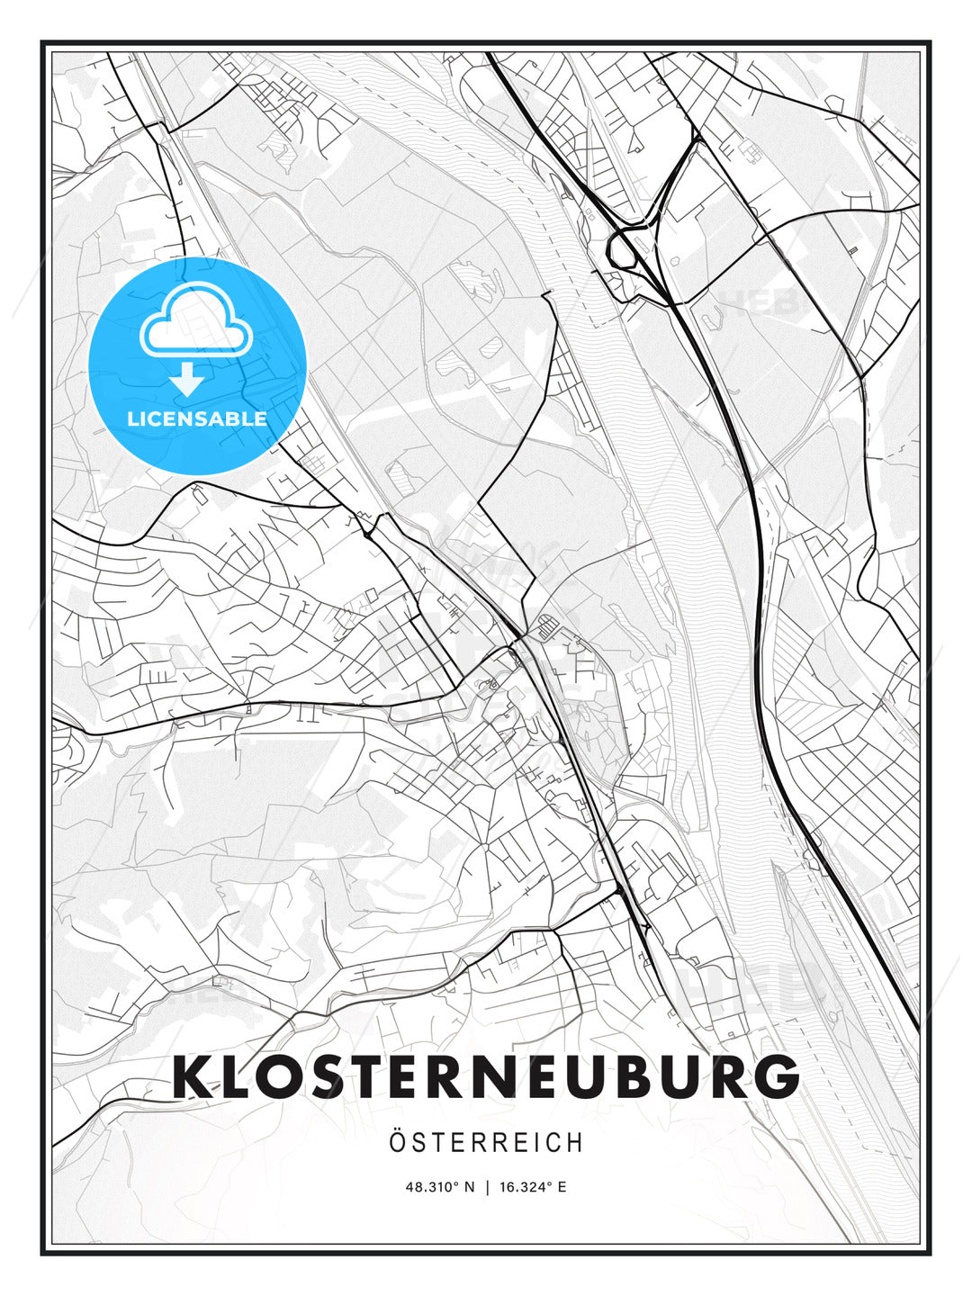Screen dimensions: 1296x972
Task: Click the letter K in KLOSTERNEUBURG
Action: click(193, 1077)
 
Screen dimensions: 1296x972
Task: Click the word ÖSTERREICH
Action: click(486, 1142)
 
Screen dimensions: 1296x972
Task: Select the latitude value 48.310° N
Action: click(439, 1187)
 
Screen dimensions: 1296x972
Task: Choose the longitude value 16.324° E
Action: click(531, 1187)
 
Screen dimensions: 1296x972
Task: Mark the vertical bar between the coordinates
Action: click(486, 1187)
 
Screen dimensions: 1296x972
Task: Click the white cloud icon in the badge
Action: click(197, 321)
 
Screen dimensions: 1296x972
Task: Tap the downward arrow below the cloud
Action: click(187, 380)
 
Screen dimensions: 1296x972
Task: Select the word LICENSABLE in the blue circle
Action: click(197, 419)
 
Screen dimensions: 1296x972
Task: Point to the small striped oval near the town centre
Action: click(546, 623)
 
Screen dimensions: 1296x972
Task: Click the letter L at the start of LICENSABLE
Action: click(132, 419)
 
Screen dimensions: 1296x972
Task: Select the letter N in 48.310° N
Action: click(469, 1187)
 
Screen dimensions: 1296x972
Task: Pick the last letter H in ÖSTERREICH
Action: click(575, 1142)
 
